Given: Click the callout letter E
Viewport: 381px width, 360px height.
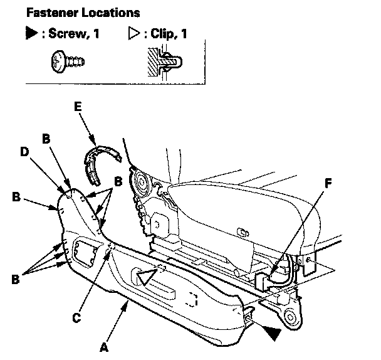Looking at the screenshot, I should [x=78, y=107].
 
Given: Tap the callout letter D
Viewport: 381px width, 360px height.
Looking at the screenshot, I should [x=24, y=152].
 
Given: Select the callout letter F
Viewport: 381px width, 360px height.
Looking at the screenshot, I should [x=329, y=184].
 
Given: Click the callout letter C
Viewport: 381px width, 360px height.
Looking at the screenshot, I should [x=76, y=317].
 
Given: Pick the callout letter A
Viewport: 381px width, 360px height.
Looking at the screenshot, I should [x=104, y=346].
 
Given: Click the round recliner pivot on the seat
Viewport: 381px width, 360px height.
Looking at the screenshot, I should [x=140, y=183].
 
